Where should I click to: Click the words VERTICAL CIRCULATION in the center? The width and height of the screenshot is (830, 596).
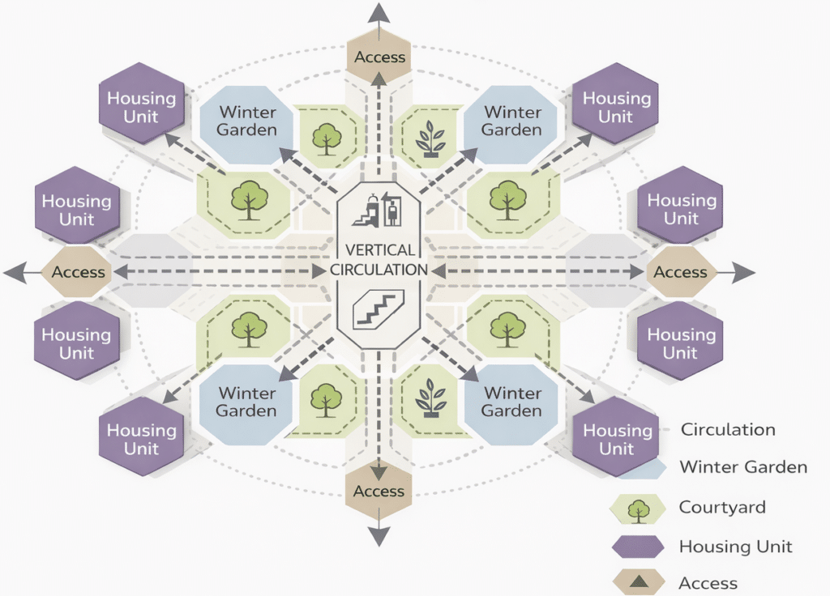pyautogui.click(x=379, y=260)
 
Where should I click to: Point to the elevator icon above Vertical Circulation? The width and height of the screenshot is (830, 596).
pyautogui.click(x=393, y=212)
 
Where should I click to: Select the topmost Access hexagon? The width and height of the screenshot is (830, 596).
pyautogui.click(x=379, y=57)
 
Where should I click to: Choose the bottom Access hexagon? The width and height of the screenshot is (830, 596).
pyautogui.click(x=379, y=491)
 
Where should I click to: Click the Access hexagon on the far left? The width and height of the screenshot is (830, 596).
pyautogui.click(x=79, y=273)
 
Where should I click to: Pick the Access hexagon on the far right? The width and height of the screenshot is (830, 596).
pyautogui.click(x=680, y=273)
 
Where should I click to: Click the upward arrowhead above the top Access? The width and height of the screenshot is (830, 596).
pyautogui.click(x=379, y=12)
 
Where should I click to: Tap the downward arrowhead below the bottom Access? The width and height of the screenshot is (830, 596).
pyautogui.click(x=379, y=536)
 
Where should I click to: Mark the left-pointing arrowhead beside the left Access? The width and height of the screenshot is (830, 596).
pyautogui.click(x=15, y=273)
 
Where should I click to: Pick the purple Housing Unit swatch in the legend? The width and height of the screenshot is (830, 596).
pyautogui.click(x=637, y=547)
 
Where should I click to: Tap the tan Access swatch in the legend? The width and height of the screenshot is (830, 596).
pyautogui.click(x=637, y=581)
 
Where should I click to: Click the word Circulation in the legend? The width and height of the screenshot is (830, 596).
pyautogui.click(x=728, y=430)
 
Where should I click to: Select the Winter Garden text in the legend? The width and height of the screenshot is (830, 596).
pyautogui.click(x=743, y=467)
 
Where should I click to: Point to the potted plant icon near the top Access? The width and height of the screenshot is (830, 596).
pyautogui.click(x=430, y=138)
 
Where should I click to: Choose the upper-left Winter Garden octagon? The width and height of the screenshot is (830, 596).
pyautogui.click(x=248, y=121)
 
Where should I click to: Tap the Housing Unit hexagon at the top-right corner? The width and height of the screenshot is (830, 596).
pyautogui.click(x=616, y=106)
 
